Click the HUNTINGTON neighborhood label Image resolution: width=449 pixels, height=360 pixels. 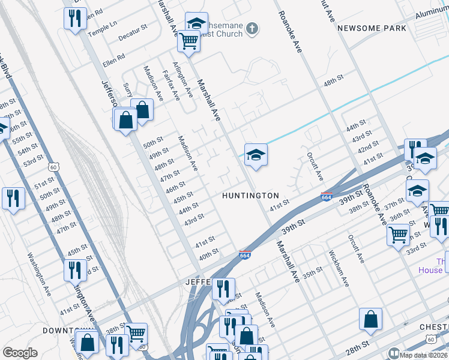[x=250, y=196]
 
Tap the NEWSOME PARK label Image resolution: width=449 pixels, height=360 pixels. [x=372, y=28]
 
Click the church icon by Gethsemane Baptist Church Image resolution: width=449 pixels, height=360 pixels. [x=253, y=28]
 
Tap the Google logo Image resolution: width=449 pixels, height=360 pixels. [x=20, y=353]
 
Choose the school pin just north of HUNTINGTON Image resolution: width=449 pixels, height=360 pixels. [x=256, y=155]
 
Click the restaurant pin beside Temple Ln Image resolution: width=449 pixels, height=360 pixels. [x=75, y=18]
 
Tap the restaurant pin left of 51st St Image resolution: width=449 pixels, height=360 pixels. [x=13, y=198]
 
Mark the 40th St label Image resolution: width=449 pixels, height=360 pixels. [x=208, y=253]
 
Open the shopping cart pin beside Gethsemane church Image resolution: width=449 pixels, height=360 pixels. [x=188, y=41]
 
